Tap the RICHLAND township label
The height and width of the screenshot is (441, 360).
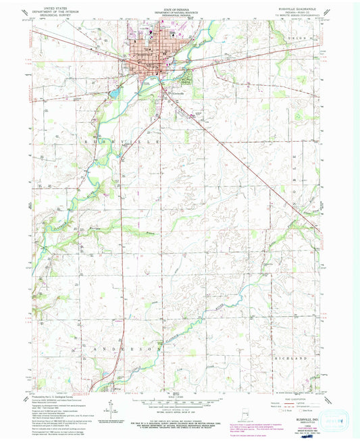pyautogui.click(x=294, y=352)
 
